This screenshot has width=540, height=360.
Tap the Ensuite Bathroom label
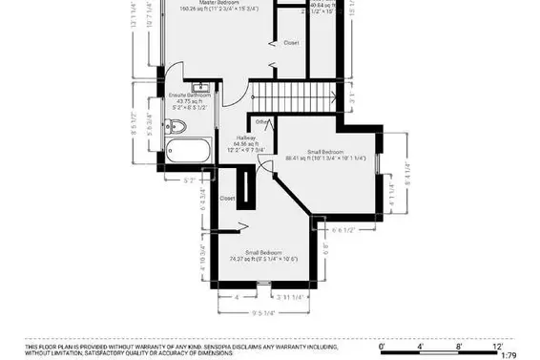coord(190,95)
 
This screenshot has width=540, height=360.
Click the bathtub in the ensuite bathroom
coord(189,151)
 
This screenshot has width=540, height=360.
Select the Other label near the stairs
coord(261,122)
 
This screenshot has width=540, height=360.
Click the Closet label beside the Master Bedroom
coord(292,43)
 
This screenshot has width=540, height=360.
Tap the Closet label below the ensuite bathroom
coord(227,198)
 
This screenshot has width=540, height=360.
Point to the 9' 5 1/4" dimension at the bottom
coord(264,311)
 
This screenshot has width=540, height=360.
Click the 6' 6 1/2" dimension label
coord(344,229)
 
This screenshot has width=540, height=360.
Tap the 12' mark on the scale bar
coord(497,348)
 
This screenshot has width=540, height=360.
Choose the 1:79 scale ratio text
coord(510,355)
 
